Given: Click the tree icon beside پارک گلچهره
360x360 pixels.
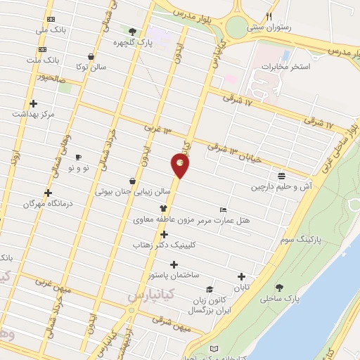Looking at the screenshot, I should (x=133, y=31).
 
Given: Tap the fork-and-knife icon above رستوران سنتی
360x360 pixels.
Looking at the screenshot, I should (x=268, y=17).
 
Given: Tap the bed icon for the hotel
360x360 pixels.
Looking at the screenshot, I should (x=224, y=210).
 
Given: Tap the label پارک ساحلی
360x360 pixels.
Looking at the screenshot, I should (x=297, y=298).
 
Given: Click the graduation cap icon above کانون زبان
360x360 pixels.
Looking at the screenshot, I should (x=209, y=289).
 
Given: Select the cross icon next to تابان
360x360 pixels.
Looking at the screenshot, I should (x=242, y=276).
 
